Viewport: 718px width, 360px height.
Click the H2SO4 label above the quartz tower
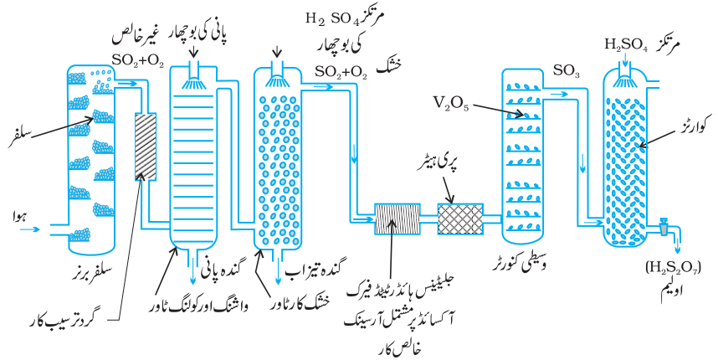tap(626, 44)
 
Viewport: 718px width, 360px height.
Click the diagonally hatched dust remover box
tap(146, 147)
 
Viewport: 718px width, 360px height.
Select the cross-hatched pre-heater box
tap(460, 219)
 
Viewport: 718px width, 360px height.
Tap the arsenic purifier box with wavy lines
tap(397, 219)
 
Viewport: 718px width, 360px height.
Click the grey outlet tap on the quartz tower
tap(664, 227)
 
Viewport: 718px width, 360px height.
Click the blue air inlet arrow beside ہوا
tap(28, 228)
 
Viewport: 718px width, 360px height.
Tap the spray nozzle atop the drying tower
tap(277, 75)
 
